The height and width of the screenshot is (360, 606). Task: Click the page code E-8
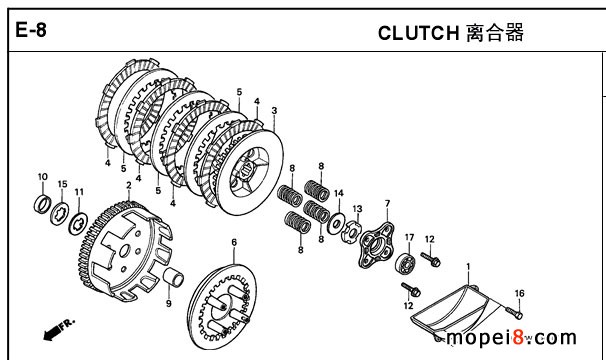(31, 30)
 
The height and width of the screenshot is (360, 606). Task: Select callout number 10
(43, 177)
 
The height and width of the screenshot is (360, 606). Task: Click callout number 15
(62, 184)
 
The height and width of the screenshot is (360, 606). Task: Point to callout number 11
(79, 192)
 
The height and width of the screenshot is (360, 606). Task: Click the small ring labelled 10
(42, 205)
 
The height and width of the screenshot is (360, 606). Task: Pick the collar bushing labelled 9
(173, 277)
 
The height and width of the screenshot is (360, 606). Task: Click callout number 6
(234, 242)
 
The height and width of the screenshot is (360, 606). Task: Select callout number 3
(274, 110)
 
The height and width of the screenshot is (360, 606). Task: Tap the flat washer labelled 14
(335, 224)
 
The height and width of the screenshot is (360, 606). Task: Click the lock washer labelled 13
(351, 231)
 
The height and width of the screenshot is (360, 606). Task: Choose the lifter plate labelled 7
(376, 246)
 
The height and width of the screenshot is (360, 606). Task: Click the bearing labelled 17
(405, 263)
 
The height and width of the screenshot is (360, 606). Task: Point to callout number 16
(519, 293)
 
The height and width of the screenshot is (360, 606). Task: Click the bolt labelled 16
(514, 311)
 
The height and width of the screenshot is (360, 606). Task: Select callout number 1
(468, 266)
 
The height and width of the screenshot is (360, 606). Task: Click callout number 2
(129, 185)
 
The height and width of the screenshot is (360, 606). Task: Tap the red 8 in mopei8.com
(518, 337)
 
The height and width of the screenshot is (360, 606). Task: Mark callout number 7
(387, 203)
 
